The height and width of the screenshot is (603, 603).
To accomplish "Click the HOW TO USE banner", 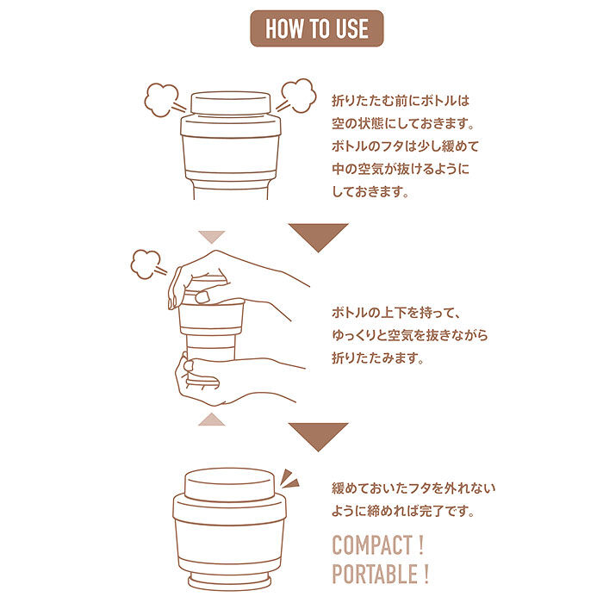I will click(316, 29).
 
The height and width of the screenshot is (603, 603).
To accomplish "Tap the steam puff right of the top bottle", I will click(298, 96).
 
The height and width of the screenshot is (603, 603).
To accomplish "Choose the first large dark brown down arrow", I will click(318, 235).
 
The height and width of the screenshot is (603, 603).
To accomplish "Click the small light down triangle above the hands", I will click(211, 236).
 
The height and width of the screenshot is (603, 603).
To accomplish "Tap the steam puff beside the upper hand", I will click(146, 264).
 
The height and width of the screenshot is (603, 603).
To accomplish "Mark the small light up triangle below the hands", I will click(211, 419).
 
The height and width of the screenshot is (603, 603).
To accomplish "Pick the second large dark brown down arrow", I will click(318, 435).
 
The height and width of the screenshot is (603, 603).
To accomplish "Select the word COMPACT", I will click(371, 544).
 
